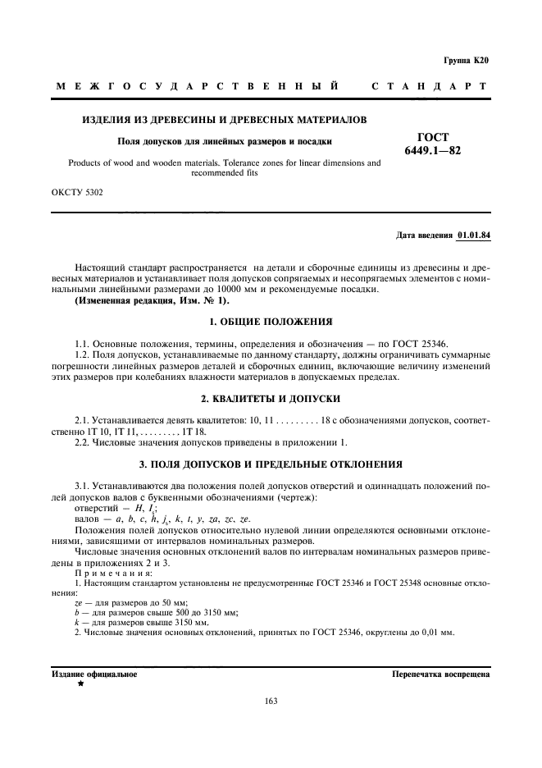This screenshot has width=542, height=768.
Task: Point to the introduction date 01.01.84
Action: [x=473, y=235]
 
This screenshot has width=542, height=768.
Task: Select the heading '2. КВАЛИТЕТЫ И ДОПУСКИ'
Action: [x=271, y=396]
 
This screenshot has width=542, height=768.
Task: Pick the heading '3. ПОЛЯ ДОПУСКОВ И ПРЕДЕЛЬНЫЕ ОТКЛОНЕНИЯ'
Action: [x=271, y=464]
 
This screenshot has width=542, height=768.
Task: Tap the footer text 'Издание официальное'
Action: [x=94, y=674]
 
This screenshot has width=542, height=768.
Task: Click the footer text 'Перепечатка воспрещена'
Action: [x=441, y=674]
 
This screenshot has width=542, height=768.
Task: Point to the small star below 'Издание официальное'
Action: [x=81, y=683]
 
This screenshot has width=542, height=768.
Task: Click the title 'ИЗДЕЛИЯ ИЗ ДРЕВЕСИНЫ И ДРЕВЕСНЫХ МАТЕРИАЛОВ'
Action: [x=225, y=120]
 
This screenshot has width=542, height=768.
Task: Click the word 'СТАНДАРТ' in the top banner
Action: [x=430, y=86]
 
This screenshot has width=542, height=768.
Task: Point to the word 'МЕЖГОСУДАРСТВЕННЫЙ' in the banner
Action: [x=197, y=86]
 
